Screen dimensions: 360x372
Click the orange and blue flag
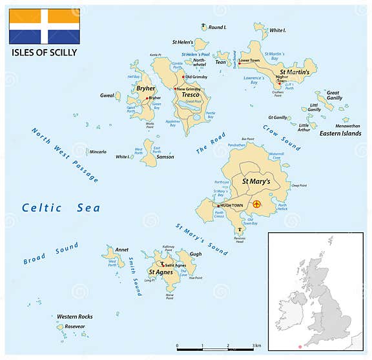(45, 26)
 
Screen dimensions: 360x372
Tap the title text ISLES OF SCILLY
(44, 52)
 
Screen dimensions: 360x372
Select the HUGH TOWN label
(232, 205)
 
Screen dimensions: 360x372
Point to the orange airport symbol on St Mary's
(256, 205)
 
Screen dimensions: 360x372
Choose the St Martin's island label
(294, 71)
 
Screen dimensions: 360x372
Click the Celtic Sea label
(61, 208)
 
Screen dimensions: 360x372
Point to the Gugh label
(195, 255)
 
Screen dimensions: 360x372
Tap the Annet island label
(121, 250)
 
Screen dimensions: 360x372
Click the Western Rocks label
(75, 317)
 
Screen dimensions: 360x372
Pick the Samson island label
(165, 157)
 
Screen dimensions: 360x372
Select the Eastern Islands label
(340, 134)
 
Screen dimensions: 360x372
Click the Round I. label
(218, 28)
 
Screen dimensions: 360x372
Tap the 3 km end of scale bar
(253, 347)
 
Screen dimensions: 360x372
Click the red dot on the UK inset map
(300, 347)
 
